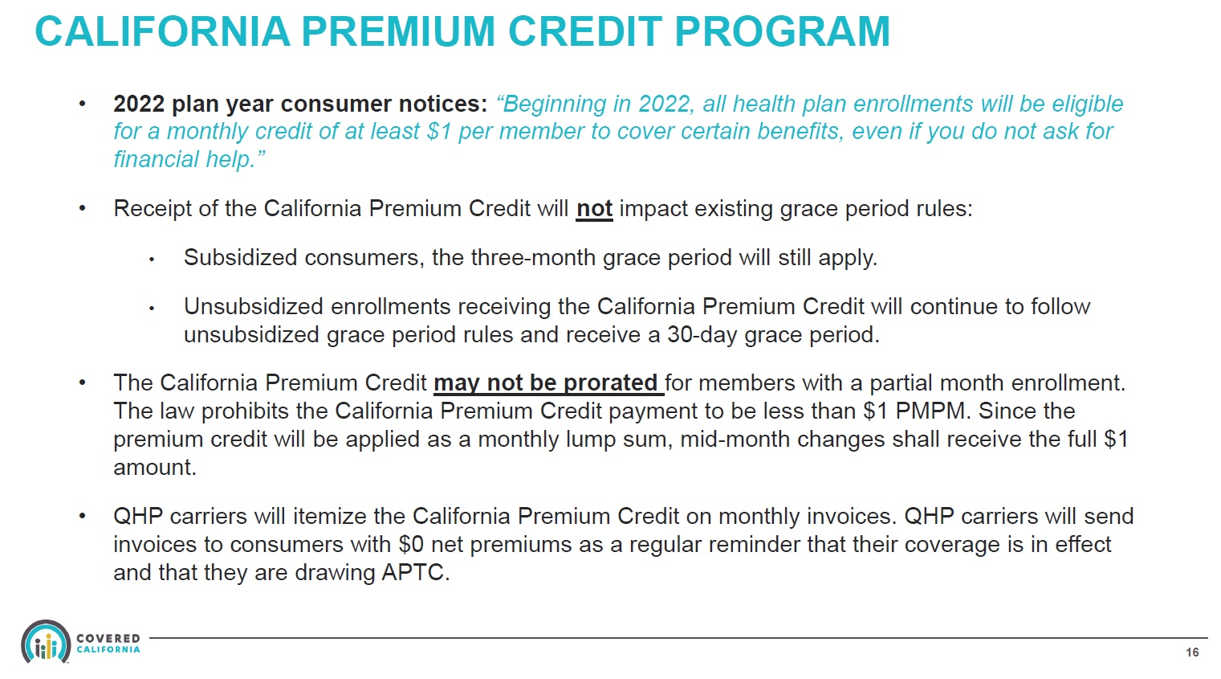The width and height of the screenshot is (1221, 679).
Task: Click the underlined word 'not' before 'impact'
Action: (594, 209)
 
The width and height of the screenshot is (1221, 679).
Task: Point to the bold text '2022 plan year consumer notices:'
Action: (300, 104)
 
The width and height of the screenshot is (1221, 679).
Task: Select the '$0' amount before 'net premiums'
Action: (411, 545)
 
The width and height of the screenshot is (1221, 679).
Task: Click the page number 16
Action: (1192, 652)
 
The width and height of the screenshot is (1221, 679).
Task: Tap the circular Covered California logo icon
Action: (46, 643)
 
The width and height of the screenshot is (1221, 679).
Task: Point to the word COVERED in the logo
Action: (108, 639)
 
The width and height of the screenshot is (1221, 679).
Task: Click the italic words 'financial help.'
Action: (189, 160)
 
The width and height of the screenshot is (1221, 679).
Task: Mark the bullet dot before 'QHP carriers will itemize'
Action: (82, 517)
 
